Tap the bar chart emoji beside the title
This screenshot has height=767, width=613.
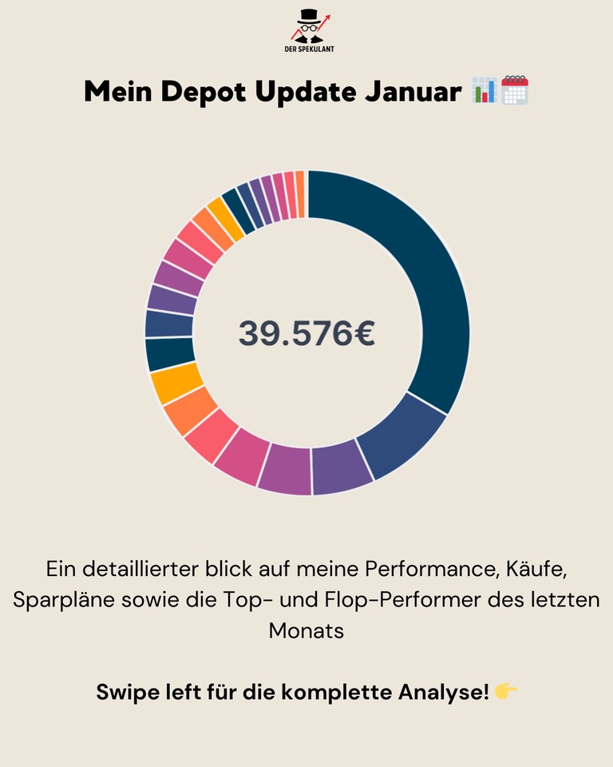pyautogui.click(x=484, y=90)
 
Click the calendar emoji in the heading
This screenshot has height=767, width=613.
pyautogui.click(x=515, y=90)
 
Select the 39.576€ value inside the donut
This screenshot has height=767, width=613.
pyautogui.click(x=306, y=333)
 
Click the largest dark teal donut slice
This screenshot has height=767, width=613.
pyautogui.click(x=415, y=272)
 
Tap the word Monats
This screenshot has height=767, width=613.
pyautogui.click(x=306, y=630)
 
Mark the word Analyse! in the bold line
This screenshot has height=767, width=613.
pyautogui.click(x=444, y=692)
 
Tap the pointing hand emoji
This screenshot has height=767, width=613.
pyautogui.click(x=506, y=691)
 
